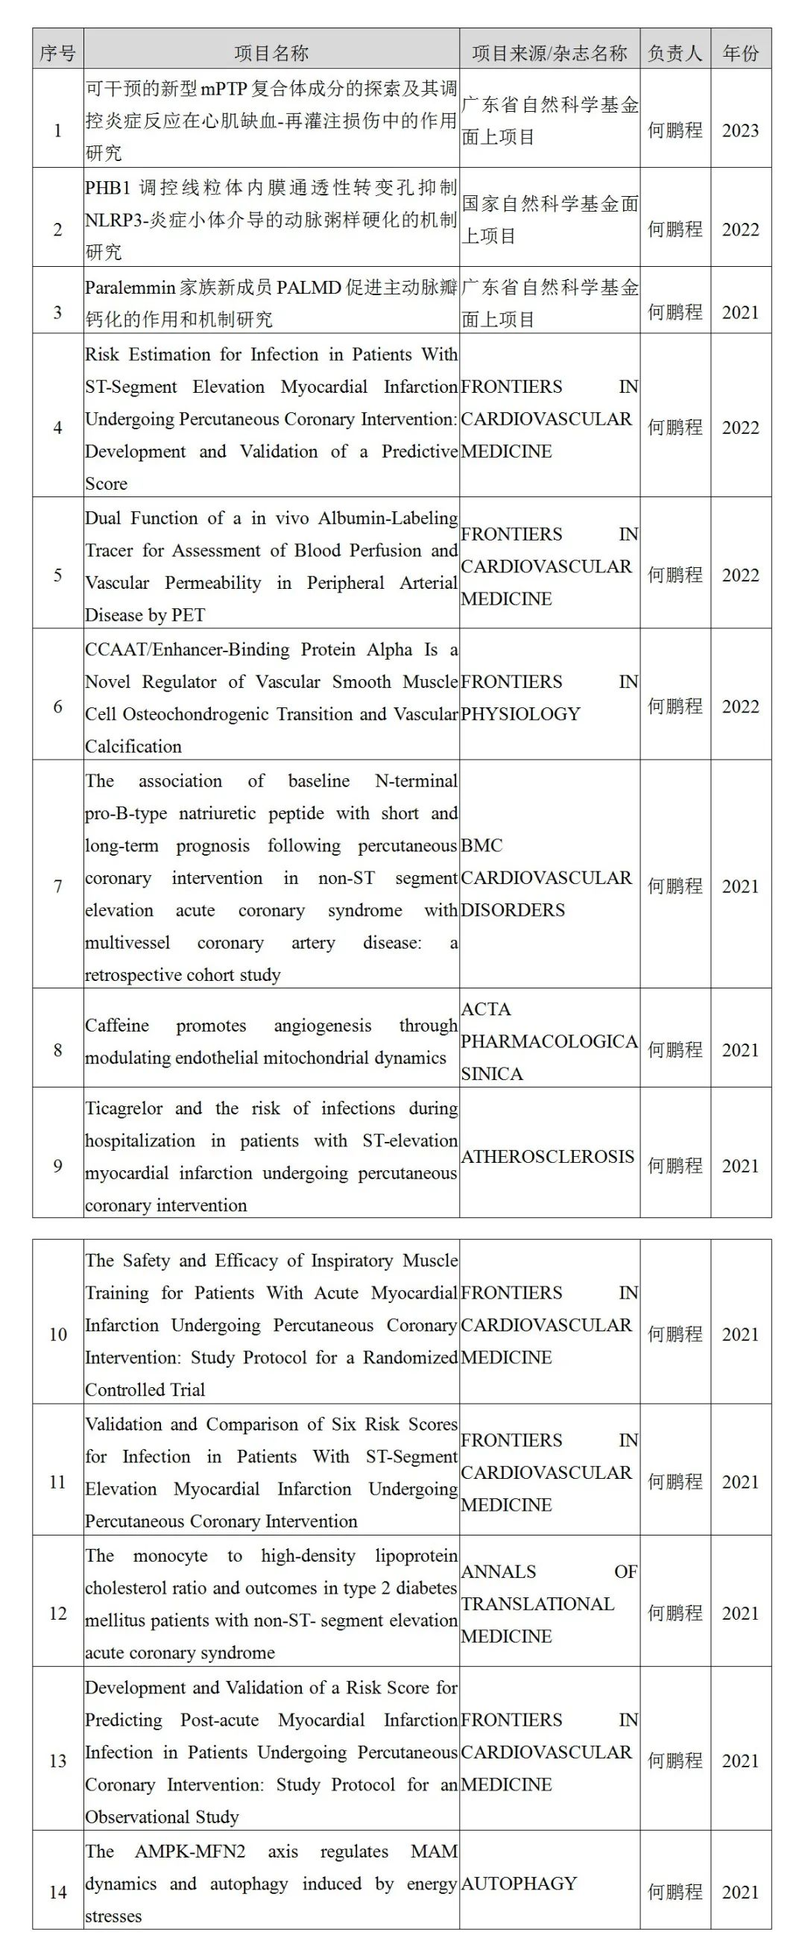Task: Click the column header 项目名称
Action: click(271, 53)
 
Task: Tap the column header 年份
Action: click(740, 53)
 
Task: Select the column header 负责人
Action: click(675, 53)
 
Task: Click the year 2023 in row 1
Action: click(740, 130)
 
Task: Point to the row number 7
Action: click(58, 886)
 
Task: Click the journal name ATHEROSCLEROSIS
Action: click(547, 1157)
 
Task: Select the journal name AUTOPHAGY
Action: click(519, 1883)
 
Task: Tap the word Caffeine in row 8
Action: click(117, 1026)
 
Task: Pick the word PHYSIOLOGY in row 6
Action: click(521, 713)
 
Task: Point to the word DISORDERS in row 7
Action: click(513, 910)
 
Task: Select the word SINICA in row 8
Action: click(491, 1073)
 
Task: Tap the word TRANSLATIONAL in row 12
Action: click(537, 1603)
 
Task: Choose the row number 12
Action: click(58, 1614)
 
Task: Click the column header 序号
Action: click(58, 53)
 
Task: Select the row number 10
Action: click(58, 1334)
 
